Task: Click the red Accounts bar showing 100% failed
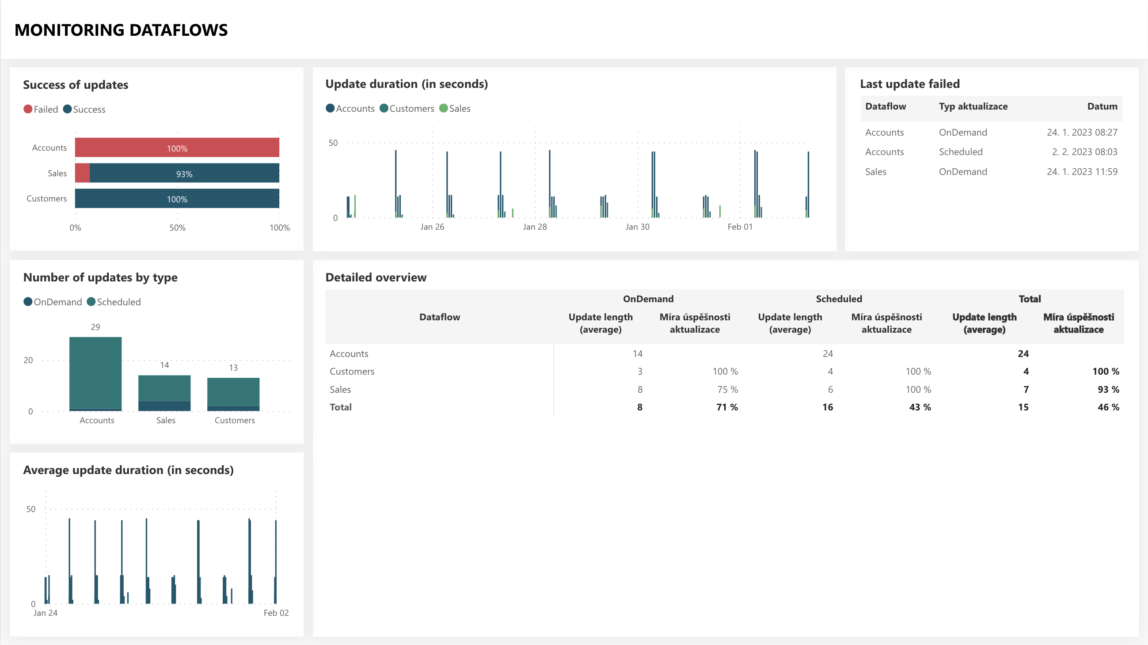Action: coord(177,148)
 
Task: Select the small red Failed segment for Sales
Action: coord(82,173)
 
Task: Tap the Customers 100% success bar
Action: coord(177,198)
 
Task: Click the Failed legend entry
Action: coord(41,109)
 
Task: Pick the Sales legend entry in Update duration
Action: coord(455,108)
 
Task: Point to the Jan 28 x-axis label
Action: coord(535,227)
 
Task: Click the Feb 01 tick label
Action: coord(740,227)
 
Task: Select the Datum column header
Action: coord(1102,106)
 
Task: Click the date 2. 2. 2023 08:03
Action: coord(1085,152)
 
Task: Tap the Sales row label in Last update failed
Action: coord(876,171)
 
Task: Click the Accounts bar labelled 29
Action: coord(95,374)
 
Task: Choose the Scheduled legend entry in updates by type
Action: coord(114,302)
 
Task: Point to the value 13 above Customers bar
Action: coord(233,368)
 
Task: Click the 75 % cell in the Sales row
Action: coord(727,389)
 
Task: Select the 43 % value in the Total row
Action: coord(920,407)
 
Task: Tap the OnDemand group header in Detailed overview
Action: coord(648,299)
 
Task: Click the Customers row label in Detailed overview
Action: coord(352,371)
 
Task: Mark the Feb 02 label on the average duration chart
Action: coord(276,613)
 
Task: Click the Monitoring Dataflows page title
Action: coord(121,30)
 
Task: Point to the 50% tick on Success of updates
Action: coord(177,228)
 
